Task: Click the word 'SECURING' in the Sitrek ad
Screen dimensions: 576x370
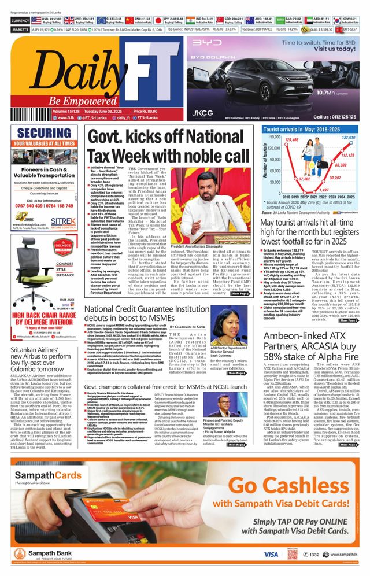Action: click(x=44, y=133)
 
